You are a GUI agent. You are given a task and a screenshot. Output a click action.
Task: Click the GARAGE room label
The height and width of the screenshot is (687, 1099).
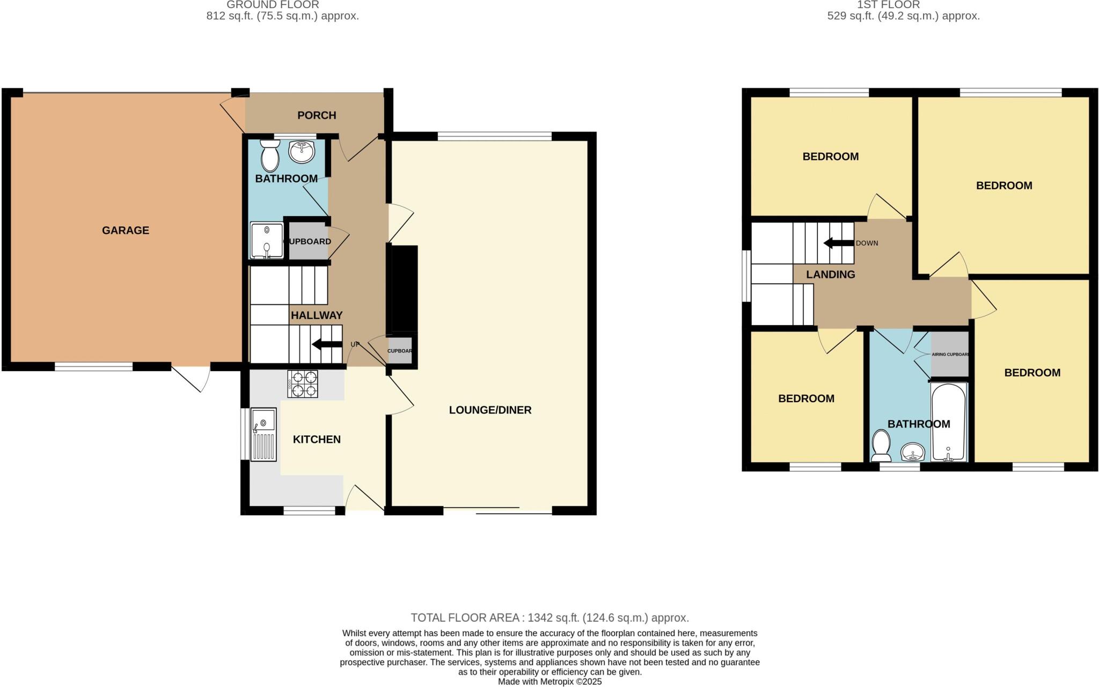(126, 230)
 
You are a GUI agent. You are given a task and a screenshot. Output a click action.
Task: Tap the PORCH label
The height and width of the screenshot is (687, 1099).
(317, 115)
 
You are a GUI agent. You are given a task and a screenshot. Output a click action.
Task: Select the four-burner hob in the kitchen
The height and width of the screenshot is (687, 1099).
(303, 384)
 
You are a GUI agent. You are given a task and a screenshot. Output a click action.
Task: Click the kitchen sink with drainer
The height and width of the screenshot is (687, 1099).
(263, 434)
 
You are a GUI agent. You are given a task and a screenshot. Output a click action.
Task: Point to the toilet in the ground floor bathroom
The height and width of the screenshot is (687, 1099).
(269, 154)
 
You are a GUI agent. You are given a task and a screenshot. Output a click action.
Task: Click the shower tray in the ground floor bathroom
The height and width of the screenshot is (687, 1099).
(267, 241)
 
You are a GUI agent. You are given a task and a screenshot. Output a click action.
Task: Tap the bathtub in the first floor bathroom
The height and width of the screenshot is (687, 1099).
(949, 422)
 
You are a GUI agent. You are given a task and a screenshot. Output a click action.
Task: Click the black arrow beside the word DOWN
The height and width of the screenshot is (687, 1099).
(838, 243)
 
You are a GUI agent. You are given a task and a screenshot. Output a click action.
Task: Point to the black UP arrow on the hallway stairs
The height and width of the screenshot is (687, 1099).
(327, 344)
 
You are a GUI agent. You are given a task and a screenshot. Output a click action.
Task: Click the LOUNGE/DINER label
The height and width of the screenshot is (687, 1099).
(490, 410)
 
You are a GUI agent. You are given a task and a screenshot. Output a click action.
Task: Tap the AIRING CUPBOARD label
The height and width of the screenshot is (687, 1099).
(950, 354)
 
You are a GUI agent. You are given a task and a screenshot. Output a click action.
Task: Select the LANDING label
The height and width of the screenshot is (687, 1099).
(830, 275)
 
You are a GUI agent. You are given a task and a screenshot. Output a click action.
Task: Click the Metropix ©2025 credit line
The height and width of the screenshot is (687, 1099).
(549, 682)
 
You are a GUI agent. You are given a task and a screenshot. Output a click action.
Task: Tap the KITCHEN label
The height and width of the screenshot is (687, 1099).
(317, 439)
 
